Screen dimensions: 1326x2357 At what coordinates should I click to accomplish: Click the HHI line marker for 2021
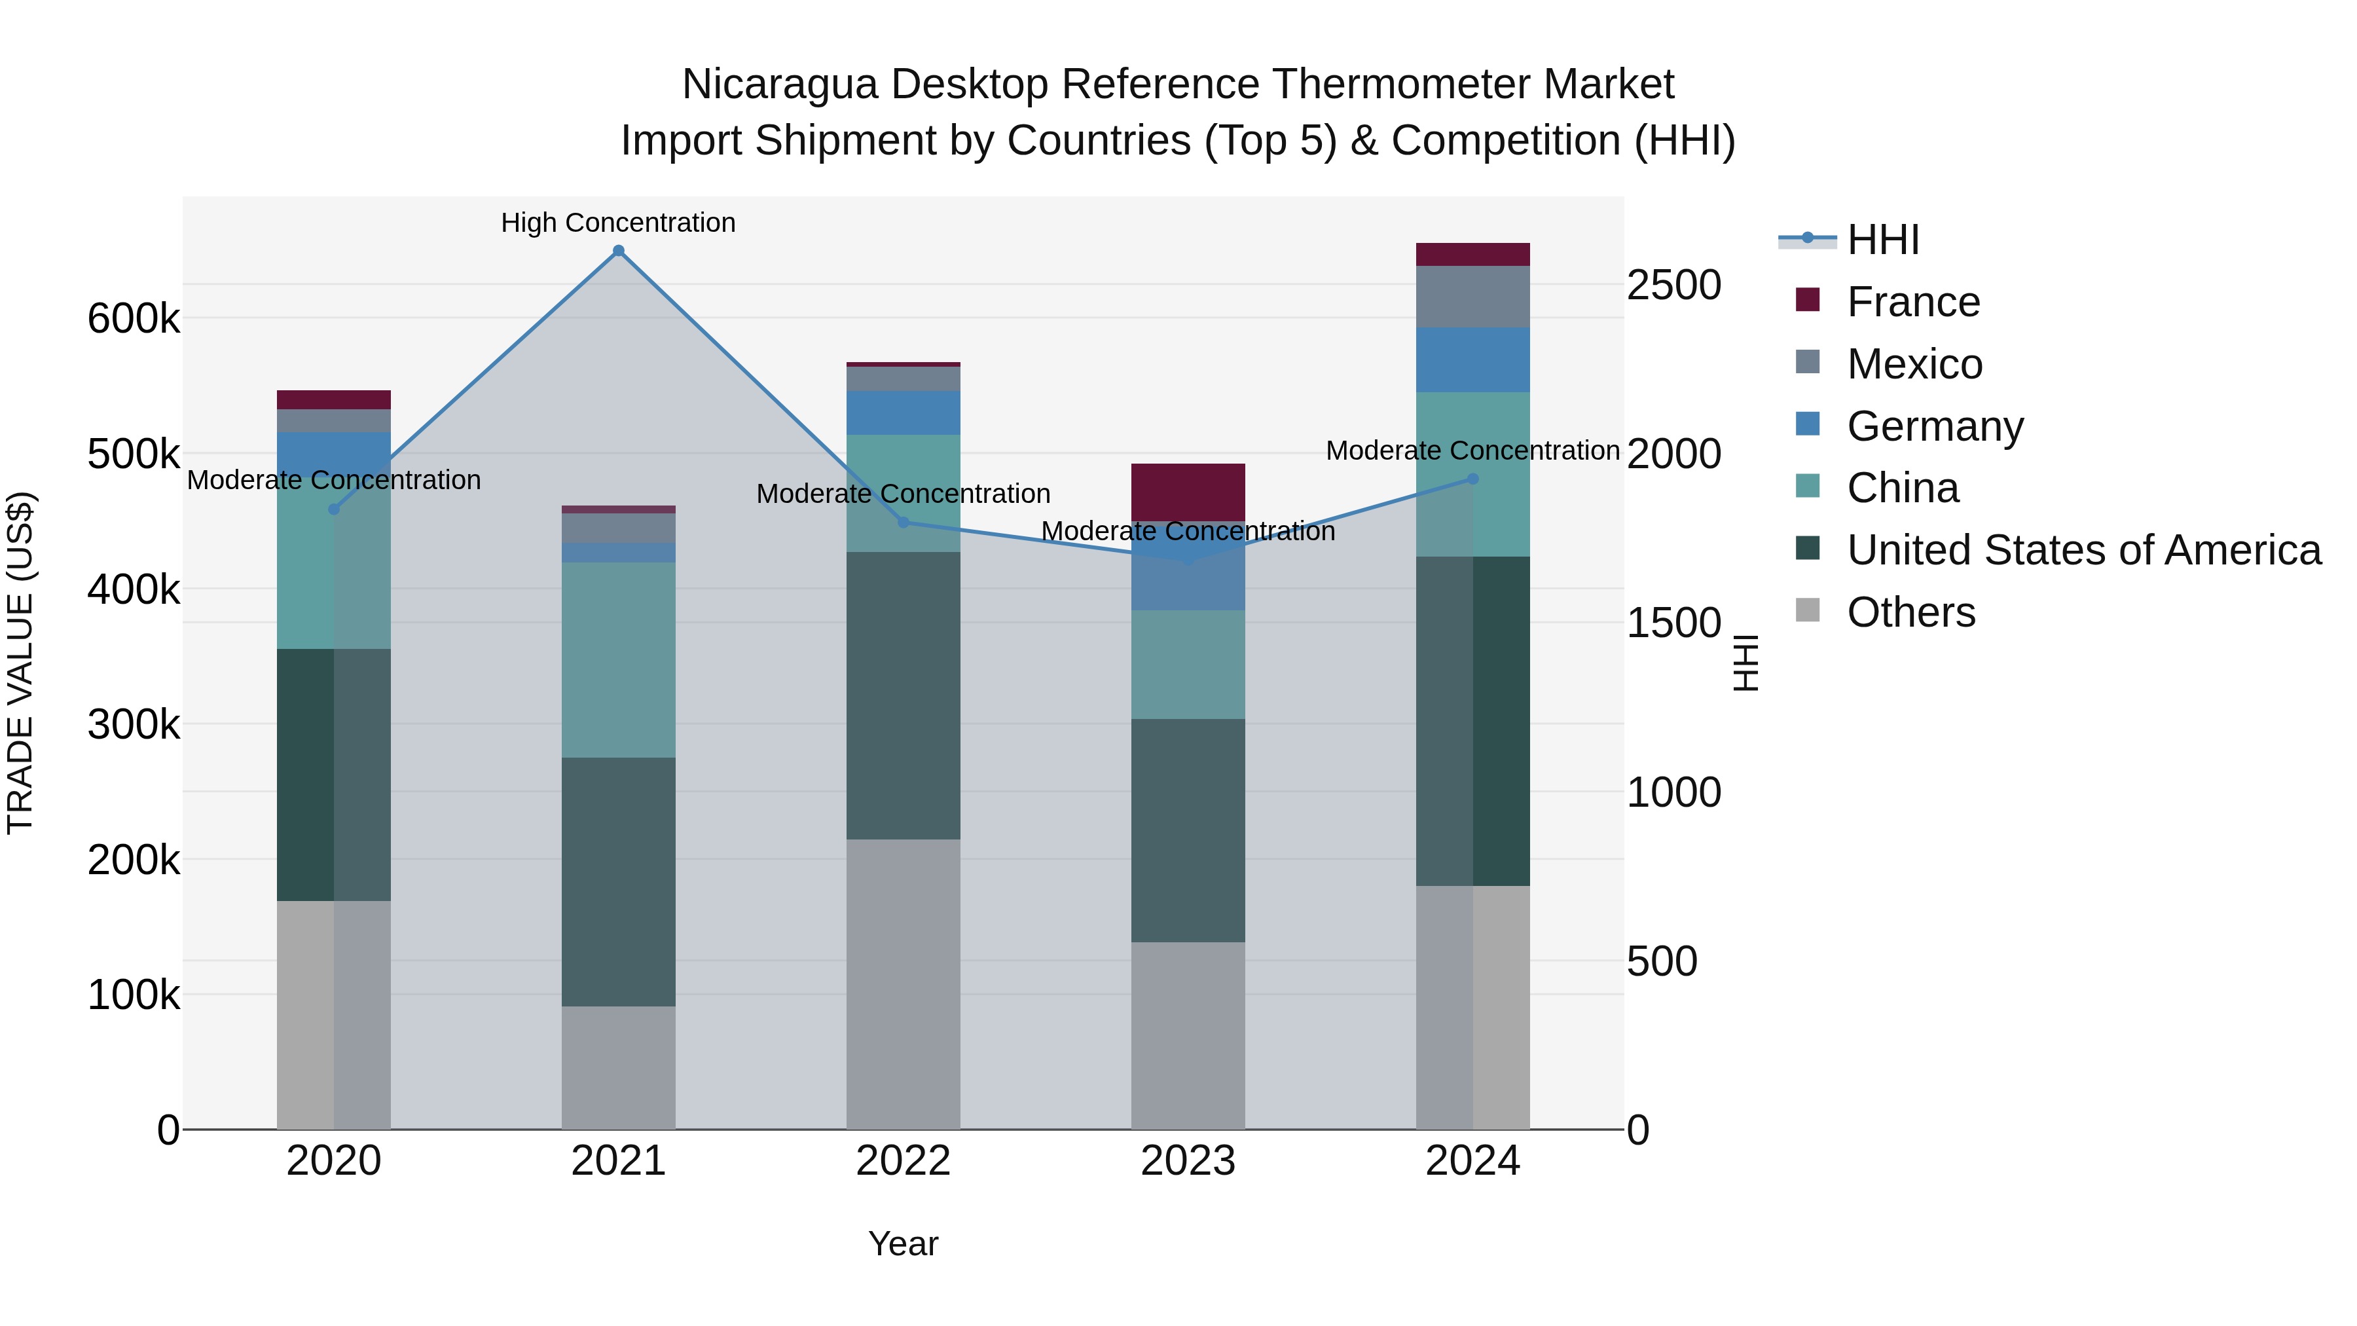click(619, 251)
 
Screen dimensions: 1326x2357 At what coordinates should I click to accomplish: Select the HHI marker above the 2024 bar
click(1472, 479)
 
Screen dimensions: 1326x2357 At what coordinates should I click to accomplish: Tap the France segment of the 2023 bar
click(1188, 492)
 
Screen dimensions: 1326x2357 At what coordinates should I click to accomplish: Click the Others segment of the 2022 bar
click(903, 984)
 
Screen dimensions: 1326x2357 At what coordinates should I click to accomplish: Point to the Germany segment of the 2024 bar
click(1472, 359)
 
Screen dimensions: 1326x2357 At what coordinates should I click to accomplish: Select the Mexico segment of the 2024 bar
click(1472, 297)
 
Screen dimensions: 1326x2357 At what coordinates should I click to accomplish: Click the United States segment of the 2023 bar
click(1188, 830)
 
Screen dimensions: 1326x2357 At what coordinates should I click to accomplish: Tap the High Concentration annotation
click(619, 223)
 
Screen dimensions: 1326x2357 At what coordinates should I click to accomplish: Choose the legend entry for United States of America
click(2083, 550)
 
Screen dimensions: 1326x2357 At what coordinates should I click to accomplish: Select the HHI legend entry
click(1882, 240)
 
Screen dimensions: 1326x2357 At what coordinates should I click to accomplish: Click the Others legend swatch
click(1808, 610)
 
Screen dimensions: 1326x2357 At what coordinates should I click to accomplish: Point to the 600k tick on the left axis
click(134, 320)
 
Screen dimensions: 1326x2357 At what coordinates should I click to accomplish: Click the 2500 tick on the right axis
click(1673, 285)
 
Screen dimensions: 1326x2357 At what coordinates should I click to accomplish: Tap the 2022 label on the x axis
click(903, 1161)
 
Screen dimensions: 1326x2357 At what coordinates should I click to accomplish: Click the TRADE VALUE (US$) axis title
click(20, 663)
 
